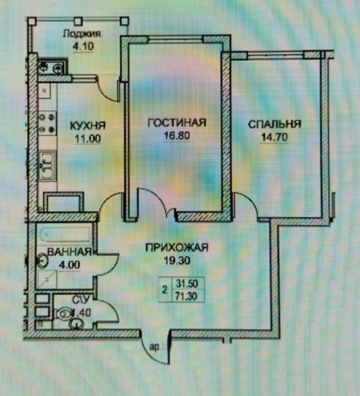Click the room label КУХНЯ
(x=88, y=125)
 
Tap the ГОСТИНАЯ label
(x=177, y=123)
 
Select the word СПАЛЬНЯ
(x=275, y=124)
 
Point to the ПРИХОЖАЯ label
(x=177, y=247)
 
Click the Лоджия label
(x=82, y=34)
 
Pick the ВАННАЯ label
(x=69, y=252)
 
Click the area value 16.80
(x=177, y=136)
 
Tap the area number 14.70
(x=274, y=137)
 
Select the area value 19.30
(x=177, y=261)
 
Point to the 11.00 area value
(x=88, y=139)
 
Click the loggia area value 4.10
(x=83, y=46)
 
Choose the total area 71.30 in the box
(x=187, y=296)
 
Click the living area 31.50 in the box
(x=187, y=284)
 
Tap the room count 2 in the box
(x=165, y=290)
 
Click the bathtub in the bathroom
(x=64, y=234)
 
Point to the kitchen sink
(x=47, y=166)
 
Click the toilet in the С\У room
(x=63, y=314)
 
